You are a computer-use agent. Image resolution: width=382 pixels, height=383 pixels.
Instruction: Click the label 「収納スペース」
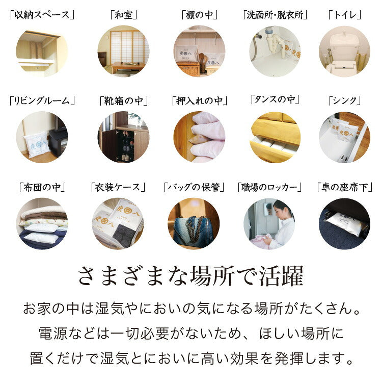coord(42,15)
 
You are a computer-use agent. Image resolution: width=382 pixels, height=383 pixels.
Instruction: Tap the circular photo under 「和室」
coord(123,52)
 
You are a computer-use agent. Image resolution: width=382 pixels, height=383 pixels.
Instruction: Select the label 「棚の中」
coord(199,15)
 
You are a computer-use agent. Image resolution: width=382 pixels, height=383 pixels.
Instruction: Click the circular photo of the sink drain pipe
coord(275,52)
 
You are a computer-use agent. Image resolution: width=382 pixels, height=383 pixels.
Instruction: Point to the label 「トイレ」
coord(344,15)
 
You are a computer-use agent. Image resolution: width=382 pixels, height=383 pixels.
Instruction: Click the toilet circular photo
coord(344,52)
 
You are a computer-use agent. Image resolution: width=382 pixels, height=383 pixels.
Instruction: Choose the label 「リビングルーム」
coord(42,100)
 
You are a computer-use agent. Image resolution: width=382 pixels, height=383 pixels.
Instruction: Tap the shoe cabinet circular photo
coord(123,137)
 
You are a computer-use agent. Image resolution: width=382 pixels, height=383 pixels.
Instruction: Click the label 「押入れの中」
coord(199,100)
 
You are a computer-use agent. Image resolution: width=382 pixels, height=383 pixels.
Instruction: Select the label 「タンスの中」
coord(275,99)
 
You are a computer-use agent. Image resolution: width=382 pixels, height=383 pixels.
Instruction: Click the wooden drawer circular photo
coord(275,137)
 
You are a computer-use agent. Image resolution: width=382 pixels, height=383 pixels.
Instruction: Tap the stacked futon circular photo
coord(42,224)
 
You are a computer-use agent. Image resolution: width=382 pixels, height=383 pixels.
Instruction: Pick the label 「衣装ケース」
coord(118,187)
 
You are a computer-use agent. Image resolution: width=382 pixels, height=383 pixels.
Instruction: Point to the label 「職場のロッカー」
coord(269,187)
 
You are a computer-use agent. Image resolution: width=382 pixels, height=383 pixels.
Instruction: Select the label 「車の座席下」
coord(344,187)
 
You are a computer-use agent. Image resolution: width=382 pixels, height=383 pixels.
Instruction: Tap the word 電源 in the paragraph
coord(52,334)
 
